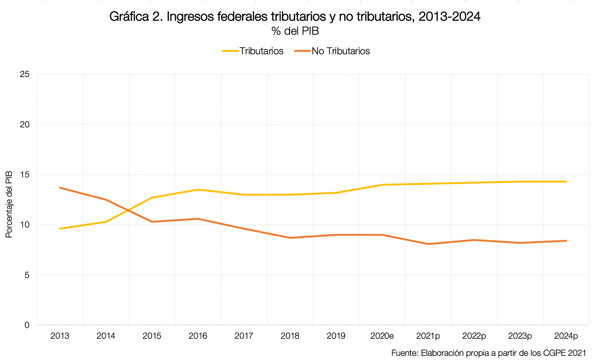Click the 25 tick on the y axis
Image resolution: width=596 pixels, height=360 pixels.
point(25,74)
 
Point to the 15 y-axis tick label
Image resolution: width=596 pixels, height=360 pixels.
point(25,174)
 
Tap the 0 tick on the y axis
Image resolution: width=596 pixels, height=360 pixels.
point(26,325)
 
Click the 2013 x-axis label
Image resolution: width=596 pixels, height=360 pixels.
point(60,336)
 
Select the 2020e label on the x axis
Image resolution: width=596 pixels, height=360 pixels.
point(382,336)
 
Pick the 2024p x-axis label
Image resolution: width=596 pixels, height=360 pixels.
point(566,336)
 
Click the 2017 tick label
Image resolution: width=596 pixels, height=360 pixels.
point(244,336)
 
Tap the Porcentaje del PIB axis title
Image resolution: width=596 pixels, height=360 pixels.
point(9,204)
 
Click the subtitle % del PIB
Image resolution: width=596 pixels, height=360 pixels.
point(295,31)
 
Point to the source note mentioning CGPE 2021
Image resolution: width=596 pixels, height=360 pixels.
point(488,353)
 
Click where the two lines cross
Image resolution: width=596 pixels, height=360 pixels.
point(128,210)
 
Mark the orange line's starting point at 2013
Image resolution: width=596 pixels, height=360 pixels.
point(60,187)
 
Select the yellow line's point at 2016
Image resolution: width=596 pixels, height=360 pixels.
point(198,190)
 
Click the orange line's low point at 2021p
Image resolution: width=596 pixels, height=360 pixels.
point(428,244)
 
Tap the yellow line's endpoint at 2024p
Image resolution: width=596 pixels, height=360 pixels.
point(566,181)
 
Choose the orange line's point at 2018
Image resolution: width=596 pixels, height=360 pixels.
point(290,238)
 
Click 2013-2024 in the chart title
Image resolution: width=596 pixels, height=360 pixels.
point(449,17)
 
